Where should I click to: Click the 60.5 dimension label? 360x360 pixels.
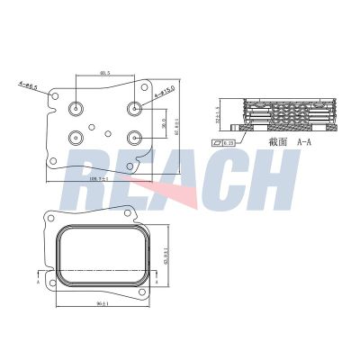105,74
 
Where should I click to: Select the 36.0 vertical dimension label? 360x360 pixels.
163,122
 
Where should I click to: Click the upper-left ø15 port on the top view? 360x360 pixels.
76,109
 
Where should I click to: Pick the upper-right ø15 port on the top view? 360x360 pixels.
135,108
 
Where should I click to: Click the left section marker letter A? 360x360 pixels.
36,280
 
